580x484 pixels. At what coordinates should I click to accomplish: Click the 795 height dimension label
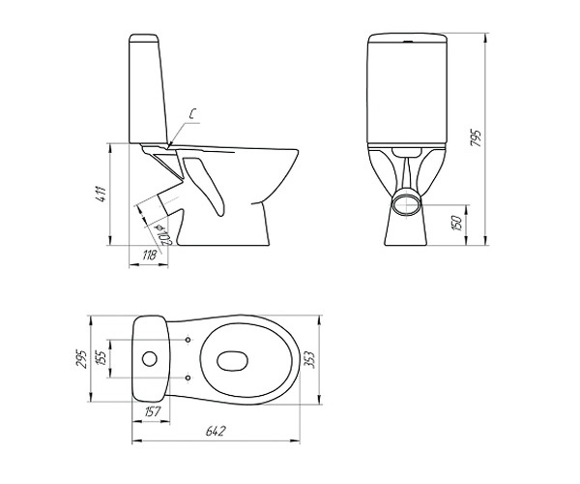[477, 138]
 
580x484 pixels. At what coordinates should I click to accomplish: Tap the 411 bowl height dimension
[101, 194]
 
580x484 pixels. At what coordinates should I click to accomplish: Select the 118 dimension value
[150, 256]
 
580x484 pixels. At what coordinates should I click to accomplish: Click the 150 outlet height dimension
[457, 223]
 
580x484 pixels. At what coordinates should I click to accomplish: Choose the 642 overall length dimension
[216, 431]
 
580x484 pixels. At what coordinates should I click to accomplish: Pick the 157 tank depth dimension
[152, 411]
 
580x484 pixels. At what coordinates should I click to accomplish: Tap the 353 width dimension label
[309, 359]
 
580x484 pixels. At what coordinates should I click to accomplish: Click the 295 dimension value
[81, 358]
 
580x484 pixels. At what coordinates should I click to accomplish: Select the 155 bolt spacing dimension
[101, 358]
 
